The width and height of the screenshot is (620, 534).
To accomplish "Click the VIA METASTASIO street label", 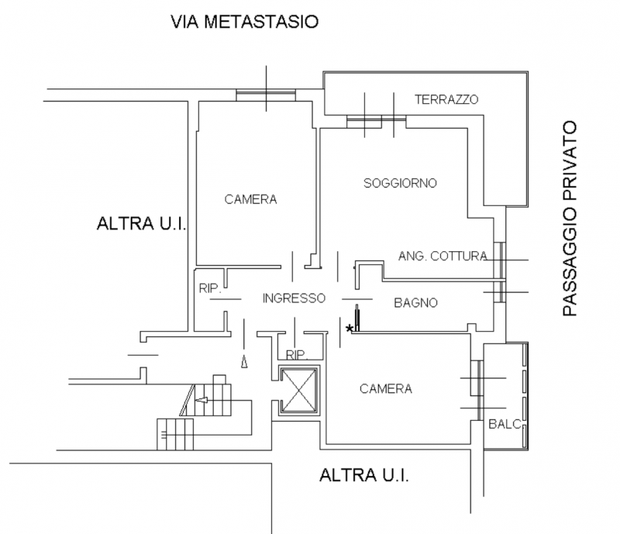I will tap(245, 22).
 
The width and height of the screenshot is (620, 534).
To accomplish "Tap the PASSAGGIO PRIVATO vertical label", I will tap(570, 219).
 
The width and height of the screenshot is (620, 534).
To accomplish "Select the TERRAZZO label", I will tap(446, 100).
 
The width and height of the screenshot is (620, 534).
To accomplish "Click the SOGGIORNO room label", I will tap(401, 184).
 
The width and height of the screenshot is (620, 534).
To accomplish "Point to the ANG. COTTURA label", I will tap(443, 256).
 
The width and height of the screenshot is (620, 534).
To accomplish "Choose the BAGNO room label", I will tap(416, 302).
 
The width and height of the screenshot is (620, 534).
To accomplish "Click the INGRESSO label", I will tap(293, 298).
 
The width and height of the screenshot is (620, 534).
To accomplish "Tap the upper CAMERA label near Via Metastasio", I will tap(250, 200).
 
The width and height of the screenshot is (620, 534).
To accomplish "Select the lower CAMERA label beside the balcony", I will tap(385, 389).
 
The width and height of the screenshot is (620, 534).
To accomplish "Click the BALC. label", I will tap(503, 425).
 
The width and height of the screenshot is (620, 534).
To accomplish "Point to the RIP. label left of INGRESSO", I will tap(210, 288).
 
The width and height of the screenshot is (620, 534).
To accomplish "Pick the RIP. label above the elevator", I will tap(298, 355).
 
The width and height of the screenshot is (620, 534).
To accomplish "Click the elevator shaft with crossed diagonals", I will tap(299, 391).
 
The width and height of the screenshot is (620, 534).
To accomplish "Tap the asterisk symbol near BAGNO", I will tap(349, 329).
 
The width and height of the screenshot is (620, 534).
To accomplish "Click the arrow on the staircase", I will tap(203, 401).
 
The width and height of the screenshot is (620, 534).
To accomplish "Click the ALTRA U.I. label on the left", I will tap(142, 225).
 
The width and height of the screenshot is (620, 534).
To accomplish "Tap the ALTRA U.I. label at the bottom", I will tap(364, 474).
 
